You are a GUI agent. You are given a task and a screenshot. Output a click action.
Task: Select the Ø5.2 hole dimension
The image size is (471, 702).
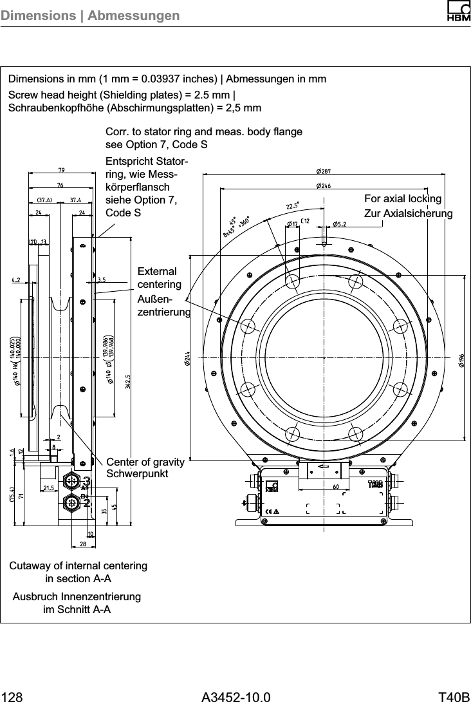coord(340,224)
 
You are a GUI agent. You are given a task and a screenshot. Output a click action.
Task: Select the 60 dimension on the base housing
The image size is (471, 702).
coord(337,487)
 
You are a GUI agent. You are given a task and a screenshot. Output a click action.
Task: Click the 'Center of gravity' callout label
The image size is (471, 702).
coord(145,462)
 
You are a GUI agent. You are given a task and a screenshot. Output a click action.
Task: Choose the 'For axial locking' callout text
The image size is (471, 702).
coord(403,198)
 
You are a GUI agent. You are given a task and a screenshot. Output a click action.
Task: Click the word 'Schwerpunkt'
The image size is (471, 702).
coord(137,473)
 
